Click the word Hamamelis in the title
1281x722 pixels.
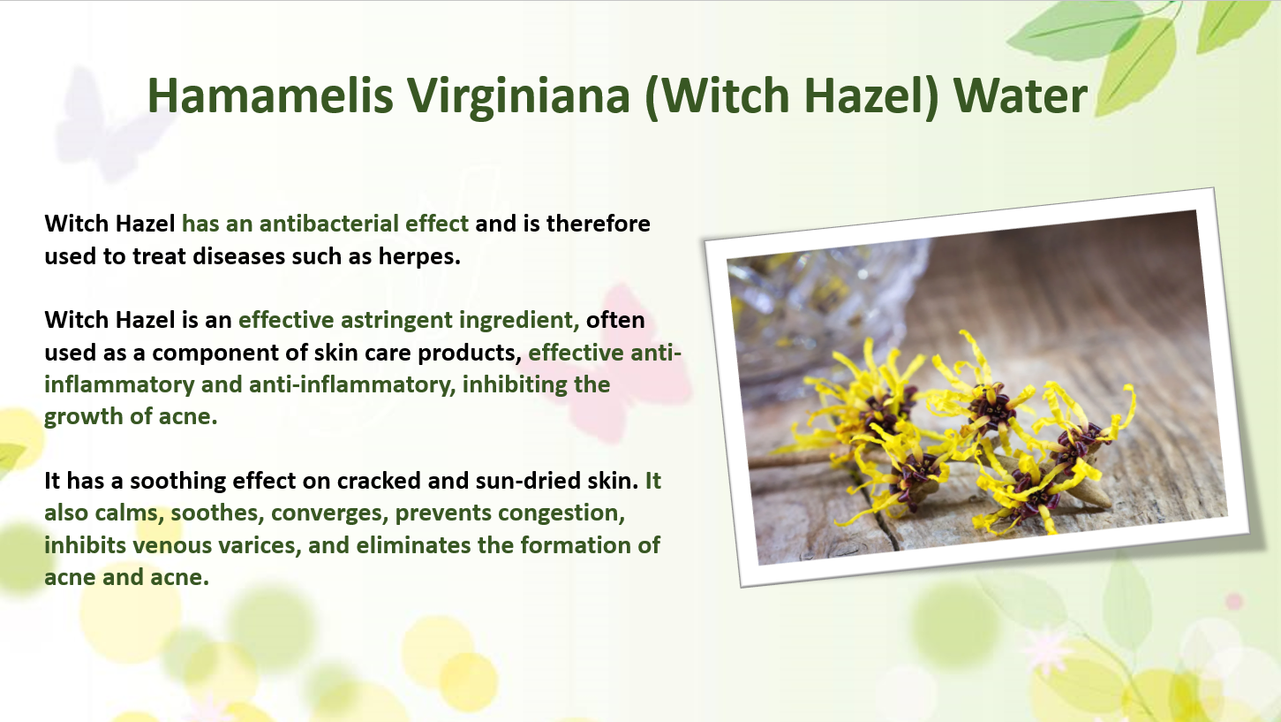click(x=270, y=95)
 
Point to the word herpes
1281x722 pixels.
click(x=419, y=257)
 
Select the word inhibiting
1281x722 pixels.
click(x=514, y=384)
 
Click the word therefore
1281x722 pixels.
click(x=599, y=224)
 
